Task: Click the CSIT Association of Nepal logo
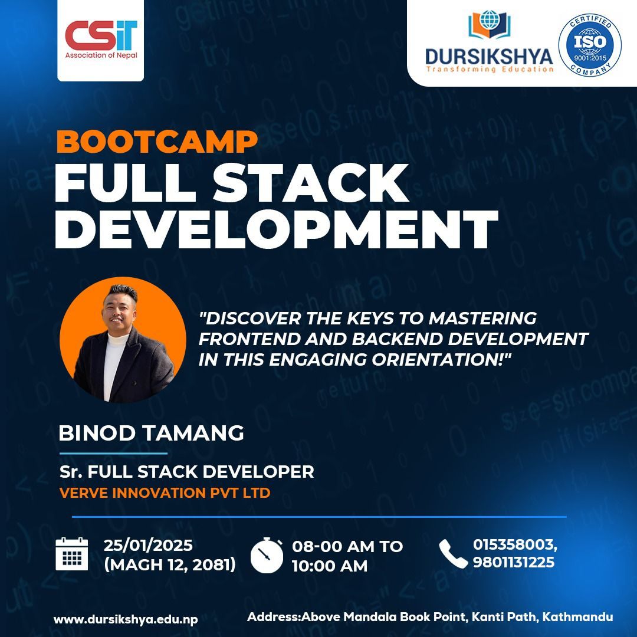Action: coord(101,40)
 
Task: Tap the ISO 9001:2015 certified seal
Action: coord(590,45)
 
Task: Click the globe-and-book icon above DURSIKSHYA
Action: coord(489,25)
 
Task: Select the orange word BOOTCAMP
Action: coord(157,142)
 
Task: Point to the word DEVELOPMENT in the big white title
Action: coord(276,229)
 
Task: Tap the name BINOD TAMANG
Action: coord(151,433)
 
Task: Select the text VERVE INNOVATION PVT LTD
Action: coord(165,492)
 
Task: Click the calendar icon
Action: coord(71,554)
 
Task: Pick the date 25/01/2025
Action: coord(148,545)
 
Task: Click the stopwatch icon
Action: coord(267,556)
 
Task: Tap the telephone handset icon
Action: coord(453,553)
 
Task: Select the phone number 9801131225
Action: coord(514,562)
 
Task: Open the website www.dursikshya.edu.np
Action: coord(126,619)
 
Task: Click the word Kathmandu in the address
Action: coord(577,617)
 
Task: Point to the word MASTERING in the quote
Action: coord(482,318)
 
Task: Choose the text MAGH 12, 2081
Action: coord(170,564)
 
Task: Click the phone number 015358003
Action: coord(514,544)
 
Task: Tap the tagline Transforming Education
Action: coord(490,70)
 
